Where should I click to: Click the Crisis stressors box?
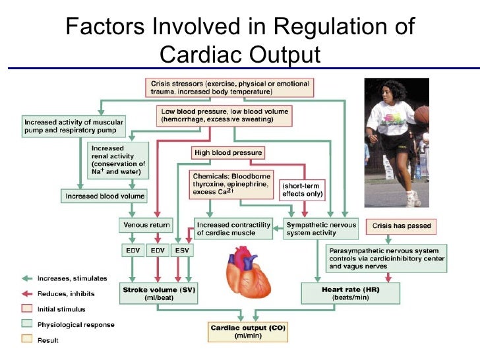pos(229,88)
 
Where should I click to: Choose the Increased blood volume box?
pos(104,196)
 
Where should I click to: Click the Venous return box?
pos(141,225)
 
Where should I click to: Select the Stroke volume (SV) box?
pos(160,293)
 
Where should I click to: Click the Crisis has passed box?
pos(402,226)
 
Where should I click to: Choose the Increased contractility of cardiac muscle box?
pos(233,229)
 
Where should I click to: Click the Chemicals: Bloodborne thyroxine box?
pos(232,185)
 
